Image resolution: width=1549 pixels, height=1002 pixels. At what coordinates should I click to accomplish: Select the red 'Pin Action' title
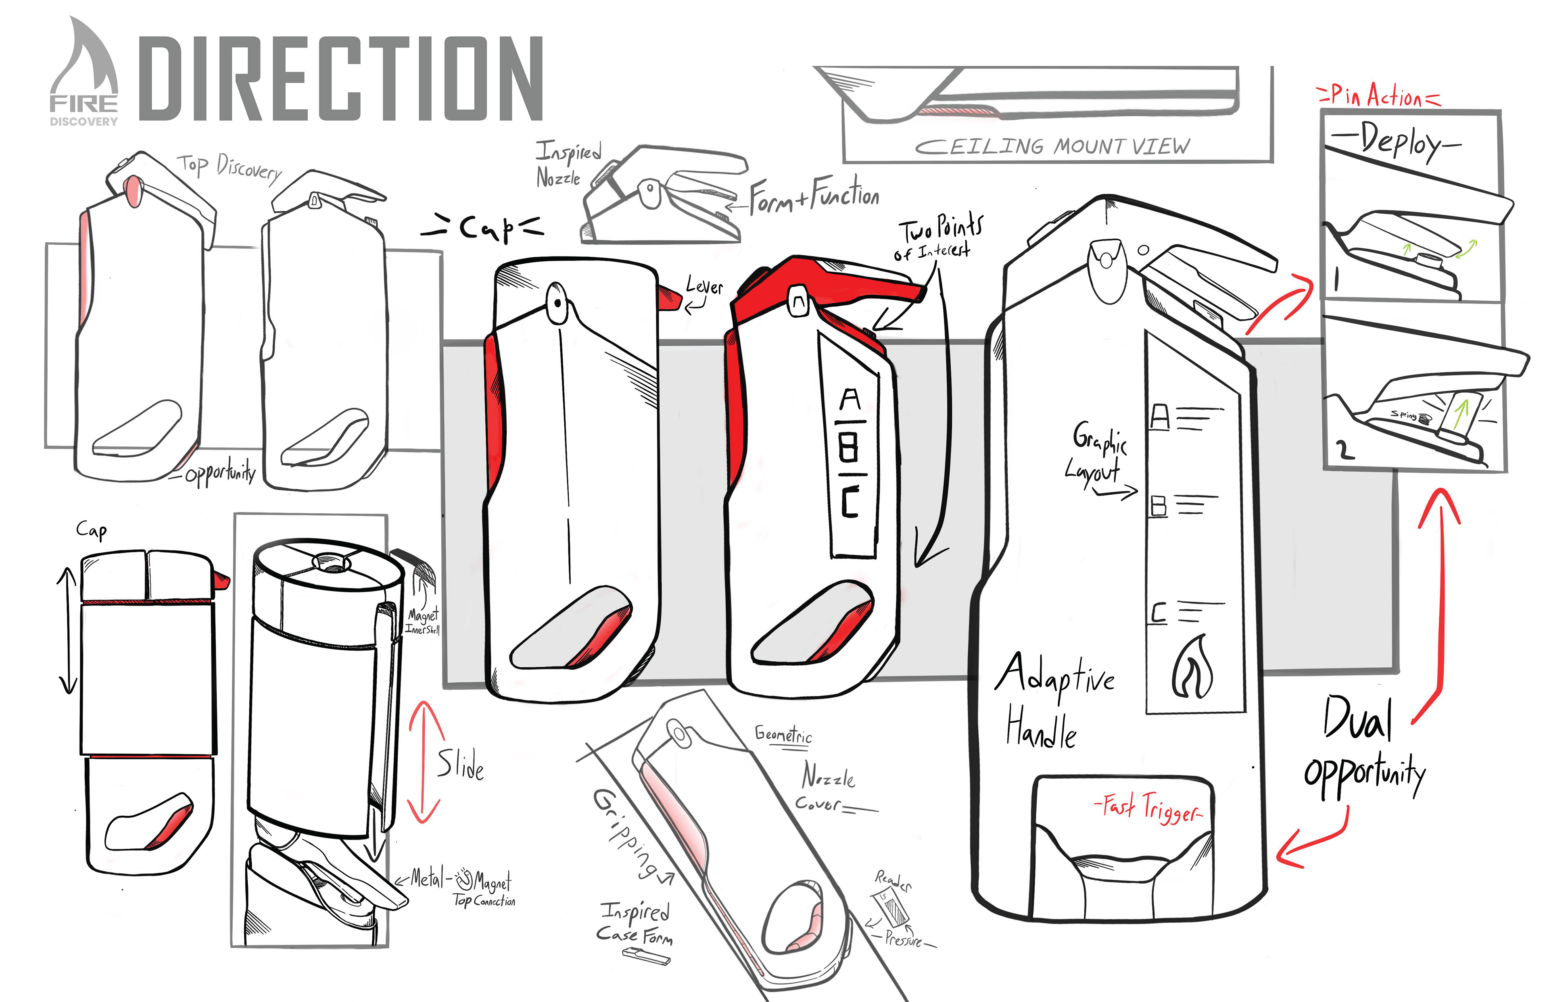click(x=1378, y=96)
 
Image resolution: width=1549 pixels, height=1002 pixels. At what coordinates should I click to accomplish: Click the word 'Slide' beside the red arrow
click(x=460, y=765)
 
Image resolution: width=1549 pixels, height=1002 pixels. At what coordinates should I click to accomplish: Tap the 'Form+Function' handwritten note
click(x=814, y=195)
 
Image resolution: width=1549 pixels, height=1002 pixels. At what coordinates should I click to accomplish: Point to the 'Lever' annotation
click(x=704, y=286)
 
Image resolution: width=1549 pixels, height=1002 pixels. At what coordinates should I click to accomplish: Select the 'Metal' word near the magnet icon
click(x=427, y=878)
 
